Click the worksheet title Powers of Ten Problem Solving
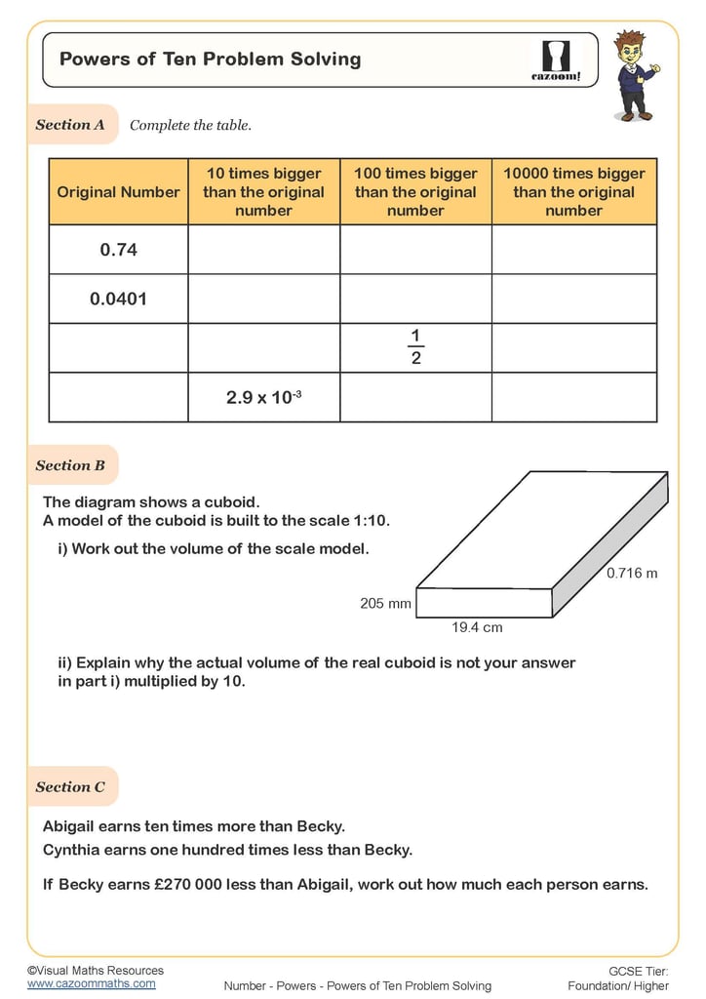[x=210, y=59]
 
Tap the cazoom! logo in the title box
[x=555, y=60]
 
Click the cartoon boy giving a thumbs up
[x=634, y=75]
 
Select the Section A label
[x=70, y=125]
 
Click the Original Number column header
[x=118, y=192]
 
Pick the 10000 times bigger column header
[x=573, y=192]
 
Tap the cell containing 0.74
[x=118, y=250]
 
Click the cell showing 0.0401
[x=118, y=300]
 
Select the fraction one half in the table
[x=414, y=347]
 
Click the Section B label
[x=70, y=465]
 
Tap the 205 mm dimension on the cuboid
[x=385, y=604]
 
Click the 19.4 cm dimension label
[x=477, y=628]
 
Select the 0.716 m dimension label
[x=632, y=573]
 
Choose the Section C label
[x=70, y=787]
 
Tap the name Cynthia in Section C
[x=74, y=850]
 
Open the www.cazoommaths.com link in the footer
[x=91, y=983]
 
